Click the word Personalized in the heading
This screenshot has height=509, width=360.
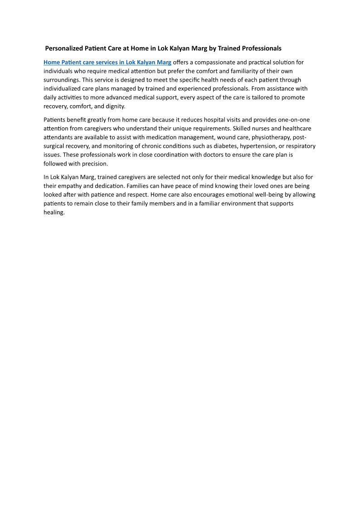point(64,48)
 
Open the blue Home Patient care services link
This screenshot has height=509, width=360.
point(107,62)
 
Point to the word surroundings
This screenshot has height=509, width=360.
point(62,80)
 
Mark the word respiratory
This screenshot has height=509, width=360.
point(301,146)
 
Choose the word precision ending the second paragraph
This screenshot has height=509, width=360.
point(94,164)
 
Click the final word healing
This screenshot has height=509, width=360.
point(54,212)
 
